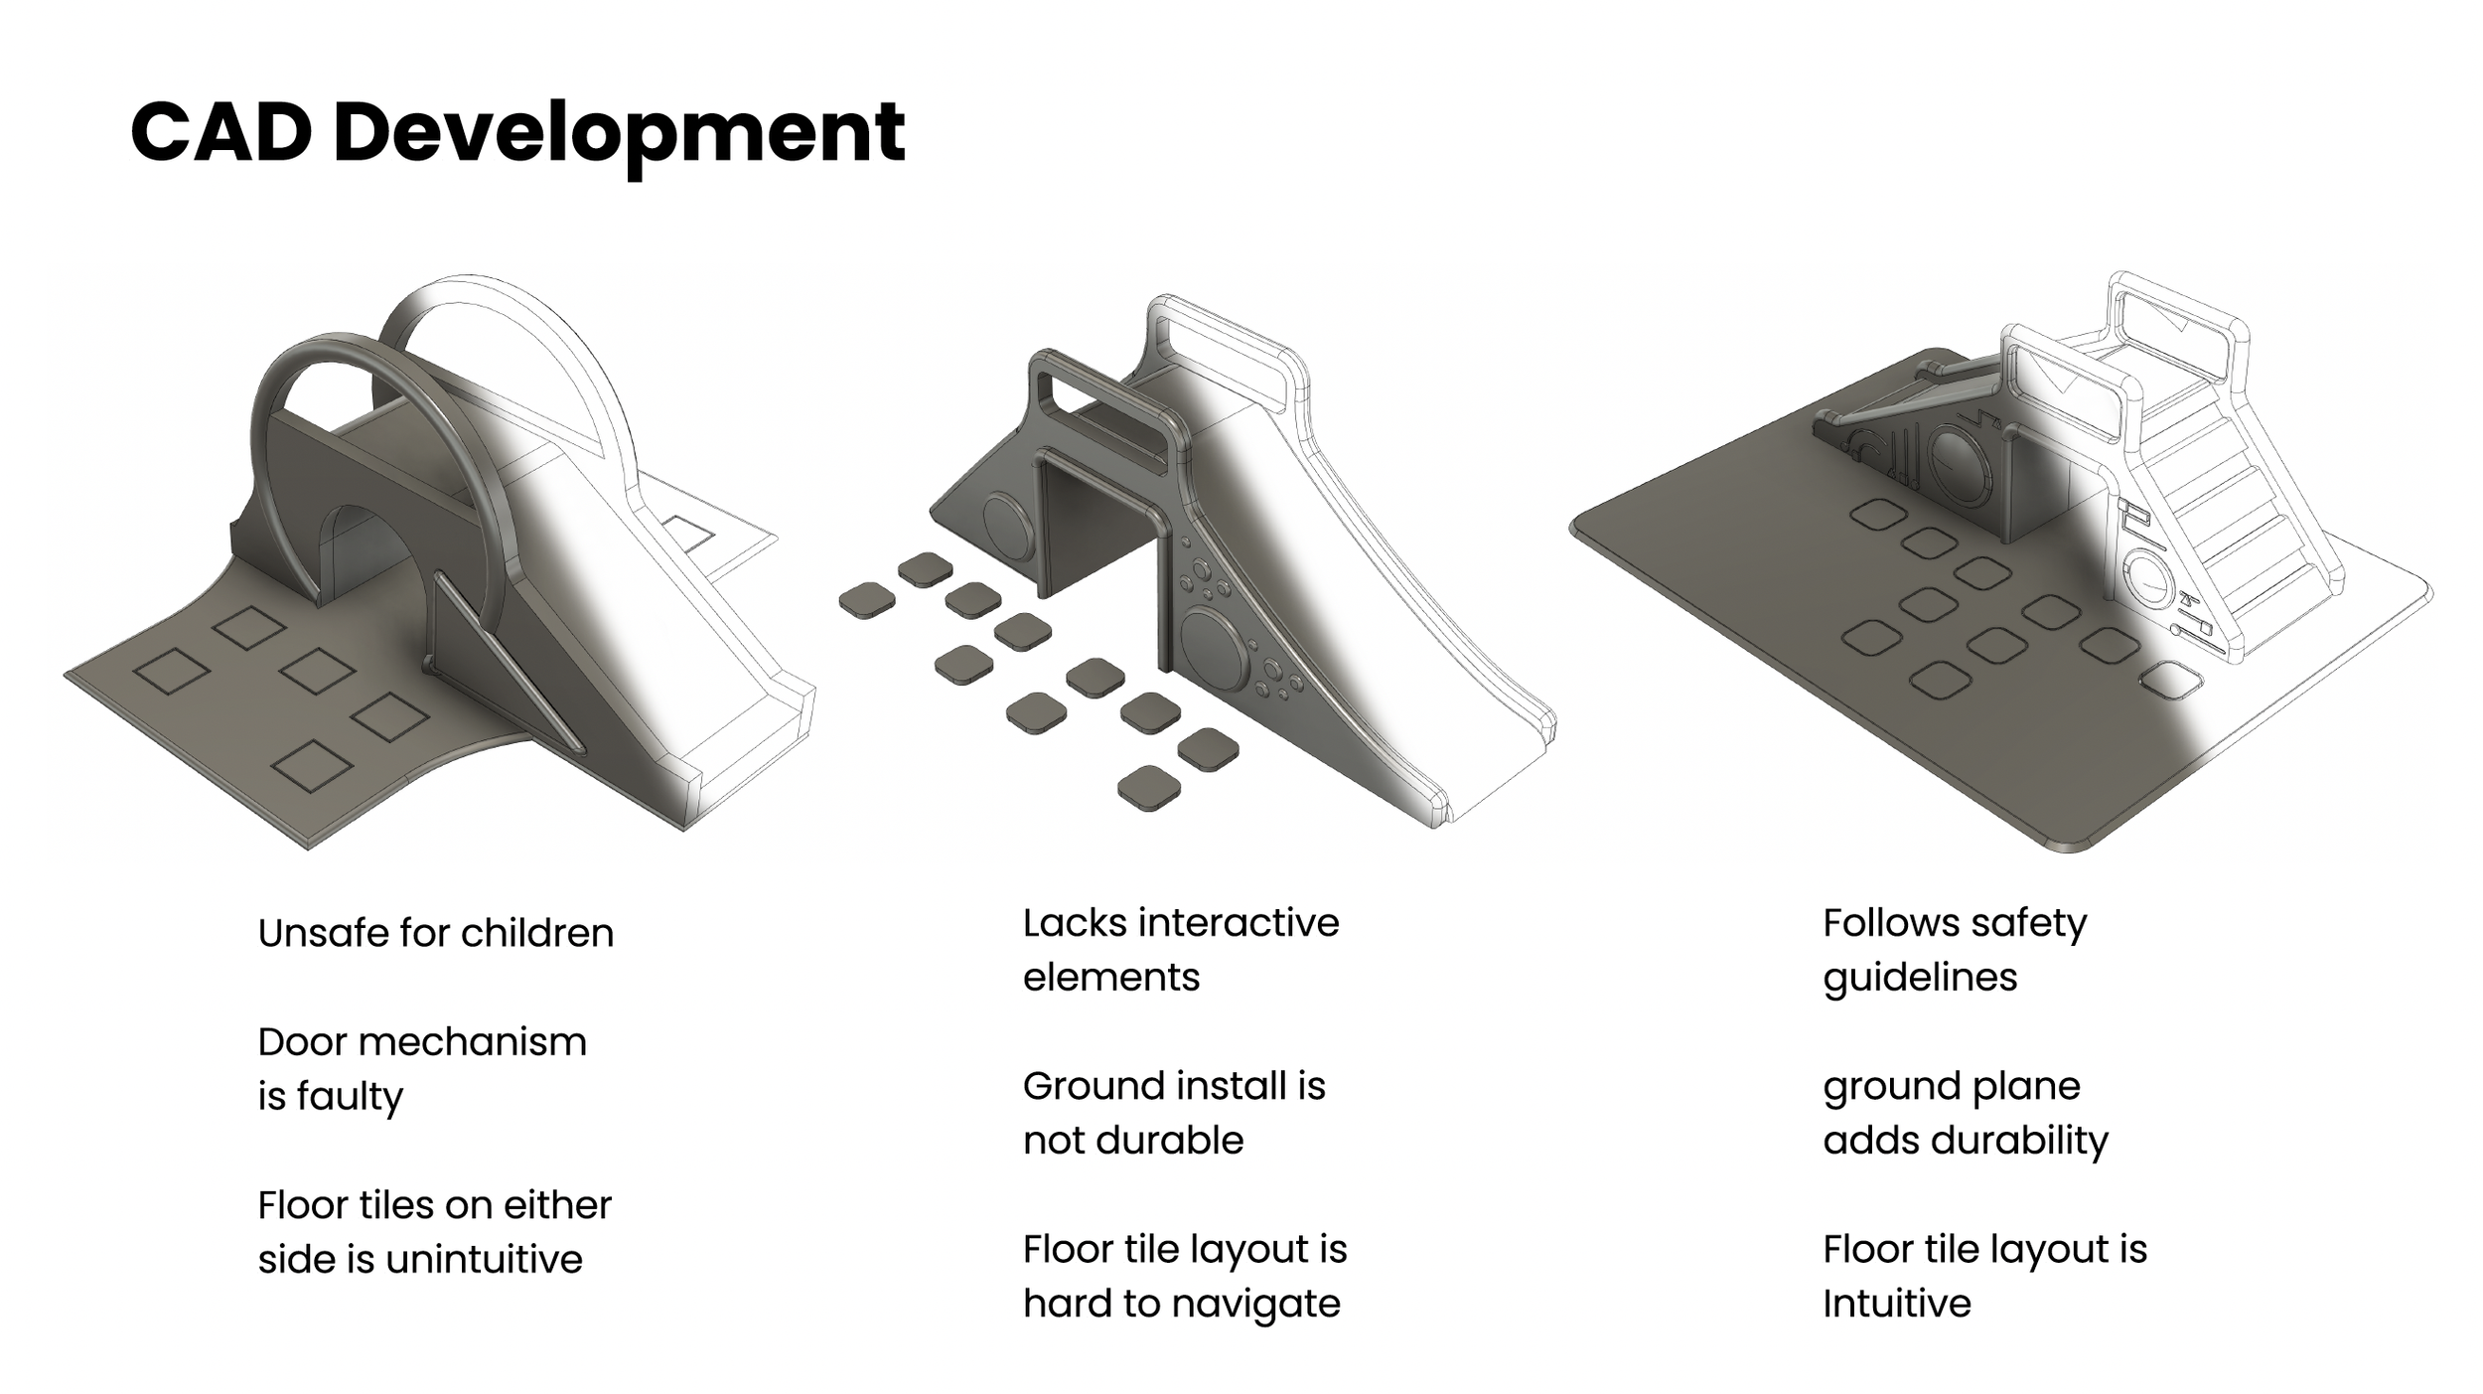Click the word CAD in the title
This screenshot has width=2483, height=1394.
[x=221, y=133]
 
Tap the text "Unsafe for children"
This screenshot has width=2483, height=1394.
[x=436, y=934]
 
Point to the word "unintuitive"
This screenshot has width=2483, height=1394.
[x=484, y=1260]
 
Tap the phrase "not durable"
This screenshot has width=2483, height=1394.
[x=1133, y=1141]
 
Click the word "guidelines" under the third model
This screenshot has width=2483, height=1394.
[x=1920, y=978]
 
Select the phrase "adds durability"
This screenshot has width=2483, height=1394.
[x=1966, y=1141]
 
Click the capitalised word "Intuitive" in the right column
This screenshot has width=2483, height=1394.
[x=1896, y=1304]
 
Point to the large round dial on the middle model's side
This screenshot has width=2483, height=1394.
[x=1215, y=650]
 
